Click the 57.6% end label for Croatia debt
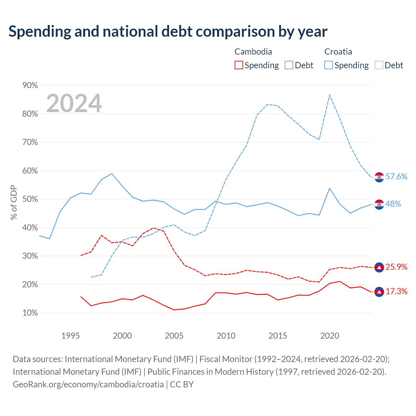pyautogui.click(x=396, y=176)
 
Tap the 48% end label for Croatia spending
pyautogui.click(x=393, y=204)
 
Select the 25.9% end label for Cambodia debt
pyautogui.click(x=396, y=267)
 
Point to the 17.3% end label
pyautogui.click(x=396, y=292)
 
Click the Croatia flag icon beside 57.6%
pyautogui.click(x=379, y=177)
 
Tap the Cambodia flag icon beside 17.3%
pyautogui.click(x=379, y=292)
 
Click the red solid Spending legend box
pyautogui.click(x=239, y=65)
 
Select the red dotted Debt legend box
pyautogui.click(x=289, y=65)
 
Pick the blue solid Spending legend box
pyautogui.click(x=328, y=65)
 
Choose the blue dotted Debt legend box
pyautogui.click(x=379, y=65)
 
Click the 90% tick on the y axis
pyautogui.click(x=30, y=85)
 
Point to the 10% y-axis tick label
pyautogui.click(x=30, y=313)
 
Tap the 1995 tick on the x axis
pyautogui.click(x=71, y=336)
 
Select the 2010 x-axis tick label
pyautogui.click(x=226, y=336)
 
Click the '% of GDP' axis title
pyautogui.click(x=14, y=202)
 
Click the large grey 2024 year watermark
pyautogui.click(x=74, y=103)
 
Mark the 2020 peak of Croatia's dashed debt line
pyautogui.click(x=330, y=95)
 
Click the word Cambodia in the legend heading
pyautogui.click(x=253, y=52)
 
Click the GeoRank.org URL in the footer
pyautogui.click(x=88, y=384)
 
